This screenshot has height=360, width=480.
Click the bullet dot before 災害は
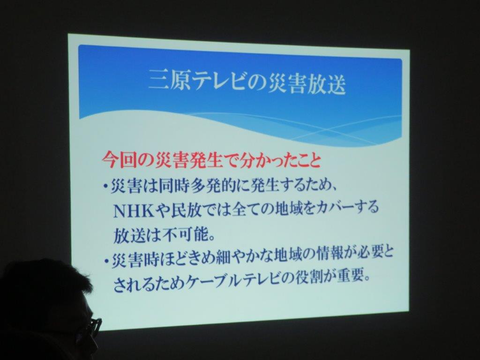pos(105,187)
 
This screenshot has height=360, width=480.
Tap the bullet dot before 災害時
pos(106,262)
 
